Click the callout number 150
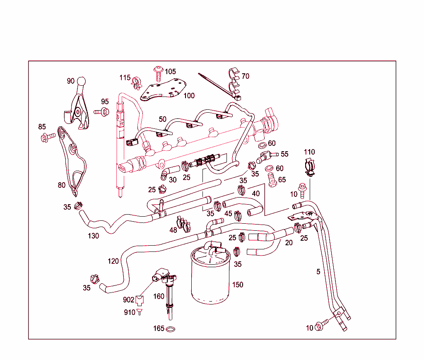coord(238,285)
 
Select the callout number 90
coord(71,81)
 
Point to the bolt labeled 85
coord(47,137)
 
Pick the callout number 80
coord(62,185)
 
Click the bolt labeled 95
coord(102,111)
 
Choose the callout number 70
coord(246,76)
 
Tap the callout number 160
coord(159,297)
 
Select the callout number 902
coord(128,300)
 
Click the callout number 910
coord(130,312)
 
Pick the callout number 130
coord(93,236)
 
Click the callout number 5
coord(318,272)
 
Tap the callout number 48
coord(173,230)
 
